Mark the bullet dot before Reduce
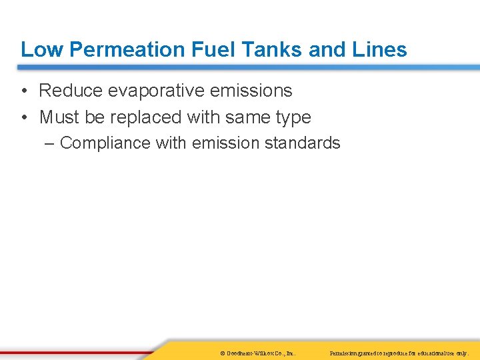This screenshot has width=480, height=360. pyautogui.click(x=24, y=91)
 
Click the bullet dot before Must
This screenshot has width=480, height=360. pyautogui.click(x=24, y=117)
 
